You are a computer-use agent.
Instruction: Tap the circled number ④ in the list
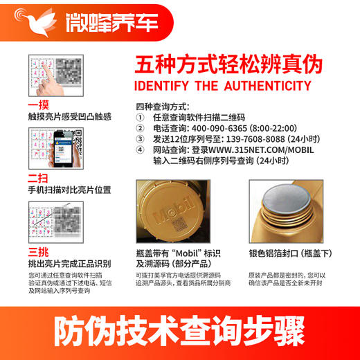pos(140,149)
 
